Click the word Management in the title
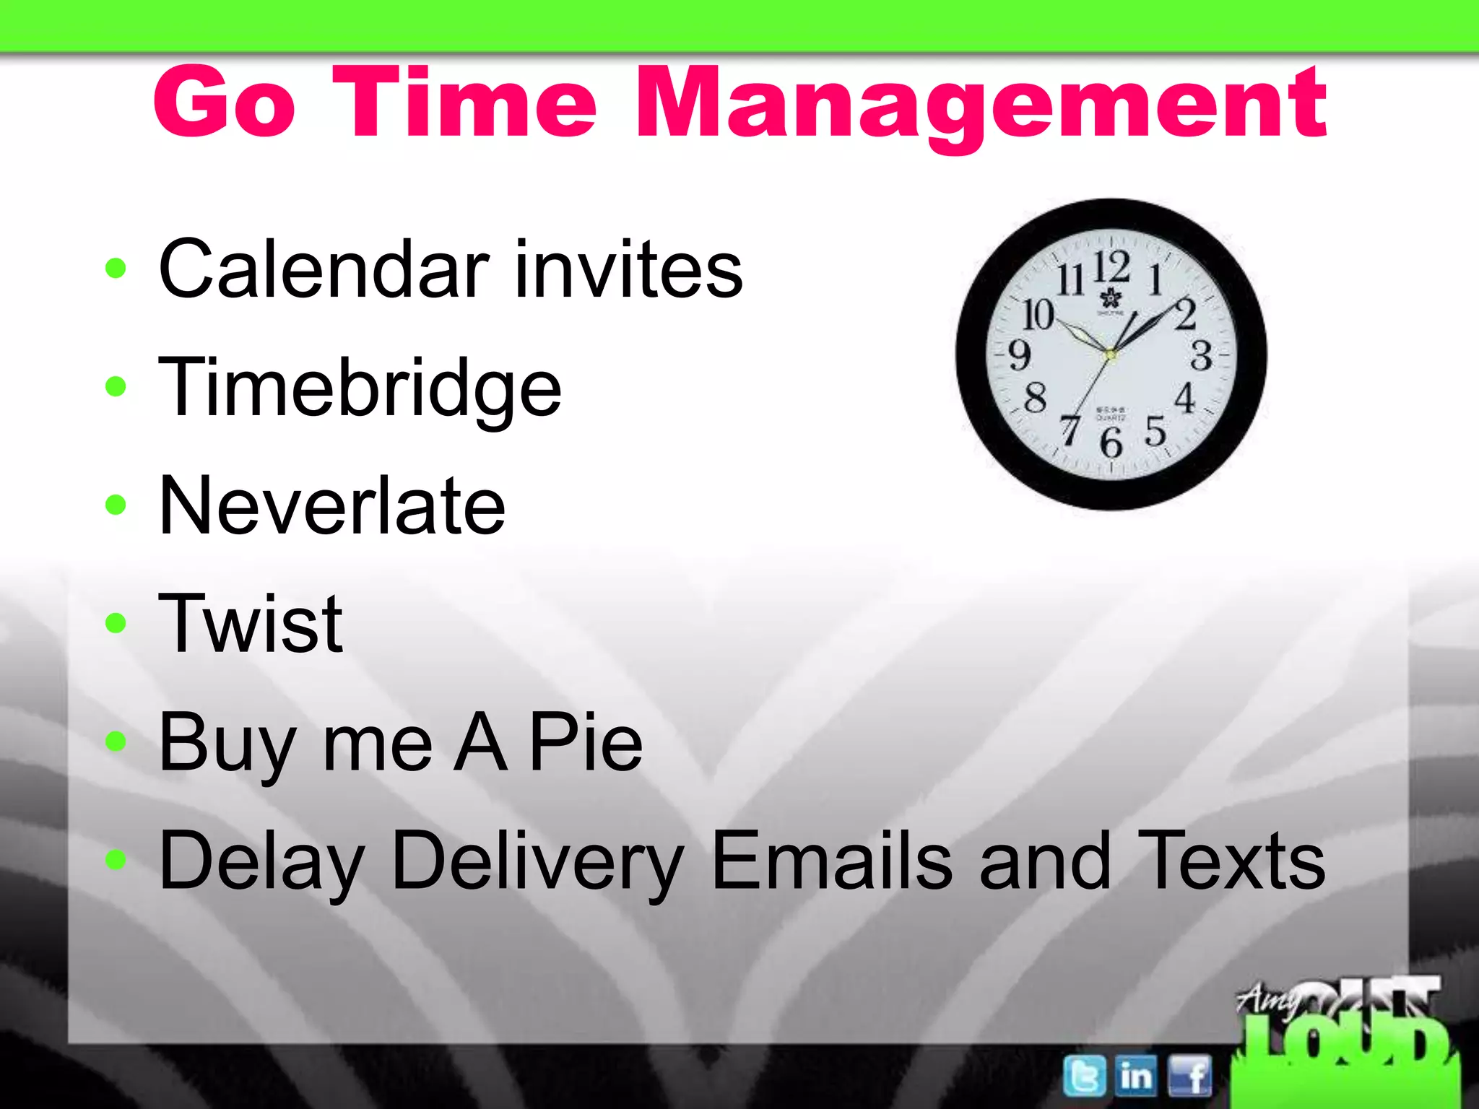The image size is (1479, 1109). pos(981,105)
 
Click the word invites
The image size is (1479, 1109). pos(628,269)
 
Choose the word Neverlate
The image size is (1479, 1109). pos(332,505)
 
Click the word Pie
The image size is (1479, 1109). pos(586,742)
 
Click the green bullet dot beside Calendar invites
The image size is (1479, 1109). pos(116,269)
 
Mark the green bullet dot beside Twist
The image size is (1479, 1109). pos(116,622)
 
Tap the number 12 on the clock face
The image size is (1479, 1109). pos(1111,266)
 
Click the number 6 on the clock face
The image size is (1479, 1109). pos(1111,441)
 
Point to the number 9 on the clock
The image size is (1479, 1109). pos(1019,355)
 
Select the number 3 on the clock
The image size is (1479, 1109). pos(1201,355)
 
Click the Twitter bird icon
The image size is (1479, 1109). pos(1084,1077)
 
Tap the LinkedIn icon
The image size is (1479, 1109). pos(1136,1077)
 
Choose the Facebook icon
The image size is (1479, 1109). pos(1189,1077)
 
